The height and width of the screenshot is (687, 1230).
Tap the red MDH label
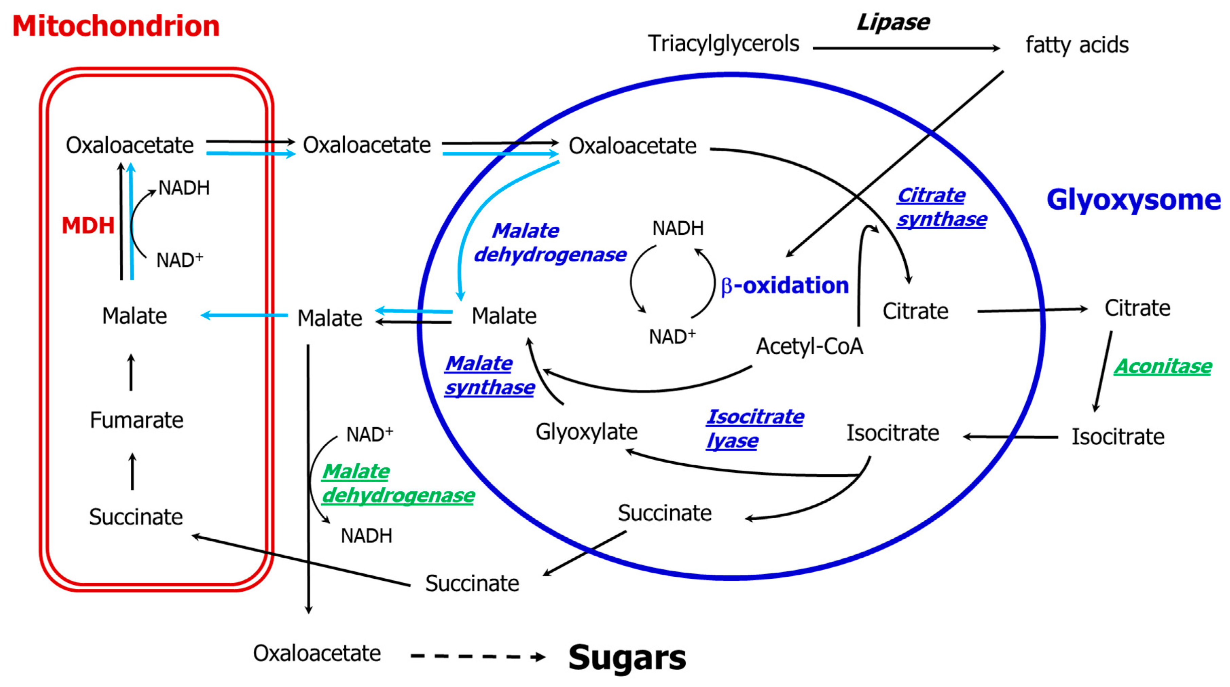(x=88, y=225)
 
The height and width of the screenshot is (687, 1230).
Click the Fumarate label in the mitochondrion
(x=136, y=421)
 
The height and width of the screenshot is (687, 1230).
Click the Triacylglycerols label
(x=723, y=44)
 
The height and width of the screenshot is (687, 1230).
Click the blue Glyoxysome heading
(x=1133, y=200)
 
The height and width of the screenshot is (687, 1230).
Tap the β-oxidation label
(x=784, y=285)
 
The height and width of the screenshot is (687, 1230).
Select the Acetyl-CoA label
(x=809, y=347)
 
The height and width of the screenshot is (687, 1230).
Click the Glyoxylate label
(x=586, y=432)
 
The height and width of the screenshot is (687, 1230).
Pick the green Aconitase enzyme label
(x=1163, y=367)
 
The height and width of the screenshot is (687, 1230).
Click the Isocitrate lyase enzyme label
(x=755, y=429)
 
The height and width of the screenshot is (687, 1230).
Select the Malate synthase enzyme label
(x=489, y=376)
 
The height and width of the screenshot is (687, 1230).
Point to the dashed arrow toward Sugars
(x=477, y=656)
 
